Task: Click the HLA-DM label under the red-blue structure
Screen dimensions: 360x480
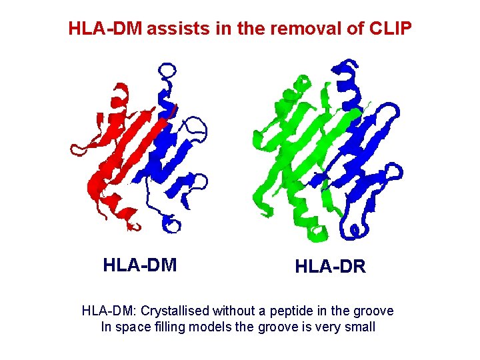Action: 140,265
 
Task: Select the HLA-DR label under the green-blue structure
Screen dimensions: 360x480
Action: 331,267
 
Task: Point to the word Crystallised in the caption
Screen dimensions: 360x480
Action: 176,311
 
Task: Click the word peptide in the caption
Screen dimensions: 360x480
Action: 294,311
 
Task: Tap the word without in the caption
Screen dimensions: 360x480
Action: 235,311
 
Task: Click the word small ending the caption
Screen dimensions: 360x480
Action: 359,327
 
